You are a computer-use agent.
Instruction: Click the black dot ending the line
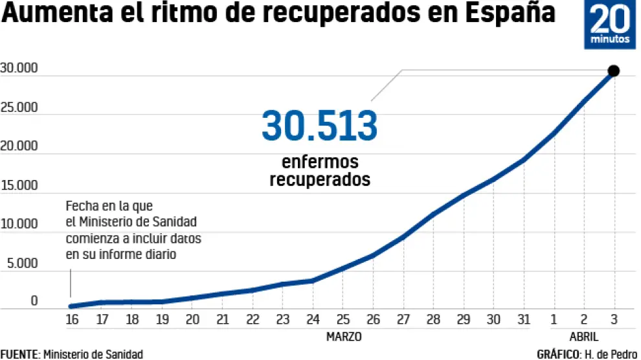coord(614,71)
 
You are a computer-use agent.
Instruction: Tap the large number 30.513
coord(319,126)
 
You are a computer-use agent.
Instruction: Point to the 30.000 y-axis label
coord(19,69)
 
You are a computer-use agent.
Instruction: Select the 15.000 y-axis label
coord(19,186)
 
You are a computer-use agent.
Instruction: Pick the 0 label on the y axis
coord(34,302)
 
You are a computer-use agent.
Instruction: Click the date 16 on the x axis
coord(72,319)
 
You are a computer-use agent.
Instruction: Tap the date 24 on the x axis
coord(313,319)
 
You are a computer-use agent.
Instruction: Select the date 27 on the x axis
coord(403,319)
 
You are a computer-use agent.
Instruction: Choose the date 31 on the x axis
coord(524,319)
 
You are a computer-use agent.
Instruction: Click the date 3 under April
coord(614,319)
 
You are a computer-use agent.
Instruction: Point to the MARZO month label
coord(344,337)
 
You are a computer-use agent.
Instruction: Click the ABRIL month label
coord(584,337)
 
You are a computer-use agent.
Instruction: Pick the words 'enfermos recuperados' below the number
coord(320,170)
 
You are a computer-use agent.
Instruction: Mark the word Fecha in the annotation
coord(80,207)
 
